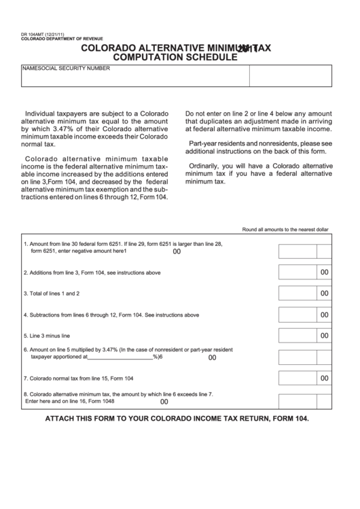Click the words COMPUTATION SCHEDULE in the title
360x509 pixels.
pyautogui.click(x=175, y=58)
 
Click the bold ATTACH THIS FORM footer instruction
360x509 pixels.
pyautogui.click(x=177, y=419)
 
